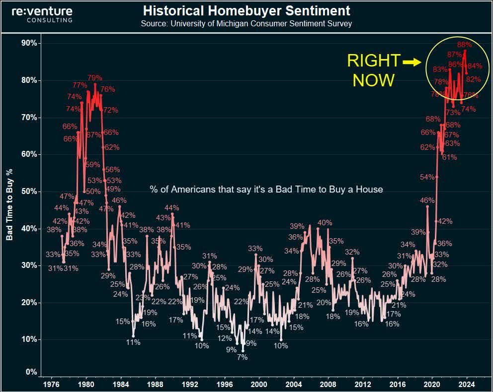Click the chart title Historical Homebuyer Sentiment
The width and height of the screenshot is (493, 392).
[x=246, y=11]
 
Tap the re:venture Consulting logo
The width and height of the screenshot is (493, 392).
[x=42, y=14]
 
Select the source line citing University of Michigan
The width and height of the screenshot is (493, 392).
[x=246, y=24]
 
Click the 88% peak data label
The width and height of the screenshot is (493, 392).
[x=464, y=44]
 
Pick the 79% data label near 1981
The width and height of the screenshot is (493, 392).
[x=94, y=78]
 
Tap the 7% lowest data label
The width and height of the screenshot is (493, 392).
[x=242, y=357]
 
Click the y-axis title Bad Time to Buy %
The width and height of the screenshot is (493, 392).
[x=9, y=204]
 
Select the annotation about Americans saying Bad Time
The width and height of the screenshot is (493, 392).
[x=266, y=189]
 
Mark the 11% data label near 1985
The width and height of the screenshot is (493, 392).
[x=133, y=342]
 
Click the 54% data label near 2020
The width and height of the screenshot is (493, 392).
[x=427, y=177]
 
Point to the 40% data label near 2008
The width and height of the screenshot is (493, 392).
[x=325, y=223]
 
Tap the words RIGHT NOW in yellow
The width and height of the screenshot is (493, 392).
[x=373, y=70]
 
